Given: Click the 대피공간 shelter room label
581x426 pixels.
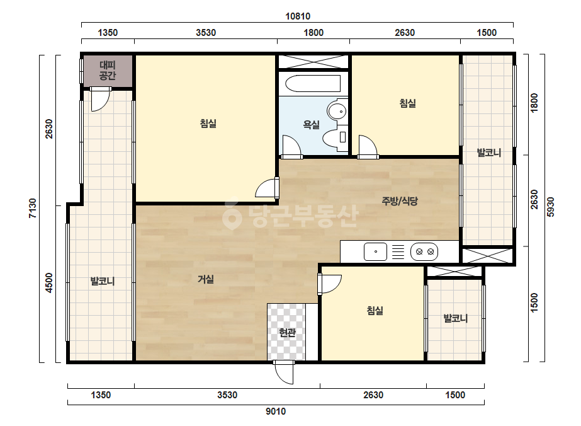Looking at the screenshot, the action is coord(108,71).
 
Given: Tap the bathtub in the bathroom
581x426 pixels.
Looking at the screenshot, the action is coord(313,83).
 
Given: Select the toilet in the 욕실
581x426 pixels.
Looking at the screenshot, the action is coord(335,137).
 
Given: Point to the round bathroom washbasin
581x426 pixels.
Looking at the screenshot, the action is coord(337,110).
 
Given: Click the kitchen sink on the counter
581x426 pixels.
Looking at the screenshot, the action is coord(375,251).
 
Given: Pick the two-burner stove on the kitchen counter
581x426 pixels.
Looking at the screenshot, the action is coord(424,251).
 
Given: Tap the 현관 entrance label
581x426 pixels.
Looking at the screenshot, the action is coord(287,333).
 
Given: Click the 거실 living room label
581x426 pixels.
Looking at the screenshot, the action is coord(206,279).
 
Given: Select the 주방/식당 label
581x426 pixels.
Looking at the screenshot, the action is coord(400,201).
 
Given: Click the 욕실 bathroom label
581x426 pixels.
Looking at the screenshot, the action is coord(311,124).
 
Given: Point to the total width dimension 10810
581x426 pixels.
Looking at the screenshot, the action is coord(298,16).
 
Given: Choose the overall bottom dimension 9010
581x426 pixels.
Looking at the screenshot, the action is coord(276,411).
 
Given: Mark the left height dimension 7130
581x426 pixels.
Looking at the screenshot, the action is coord(33,208).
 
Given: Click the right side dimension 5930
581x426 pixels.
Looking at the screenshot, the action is coord(551,207).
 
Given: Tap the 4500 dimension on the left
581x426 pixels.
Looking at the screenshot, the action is coord(49,283).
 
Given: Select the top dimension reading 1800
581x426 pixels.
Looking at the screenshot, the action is coord(313,33).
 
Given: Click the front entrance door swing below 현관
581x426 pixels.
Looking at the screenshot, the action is coord(284,372).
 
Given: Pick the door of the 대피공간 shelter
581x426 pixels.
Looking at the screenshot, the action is coord(101,99).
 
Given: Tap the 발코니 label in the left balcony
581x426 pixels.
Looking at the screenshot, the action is coord(103,281).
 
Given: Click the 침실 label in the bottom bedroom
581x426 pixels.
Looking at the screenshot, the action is coord(375,310).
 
